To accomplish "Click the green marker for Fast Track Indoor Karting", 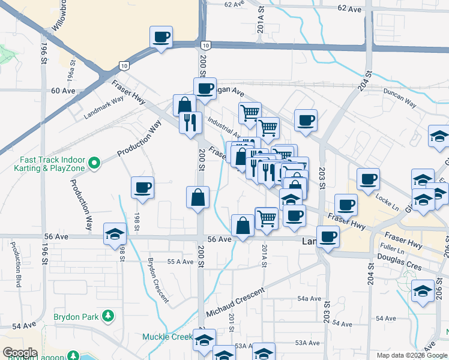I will pyautogui.click(x=94, y=163).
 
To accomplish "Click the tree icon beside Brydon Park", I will pyautogui.click(x=108, y=316).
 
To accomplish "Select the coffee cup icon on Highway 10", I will pyautogui.click(x=161, y=37).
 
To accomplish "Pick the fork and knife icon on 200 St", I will pyautogui.click(x=191, y=123).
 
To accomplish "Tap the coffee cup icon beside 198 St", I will pyautogui.click(x=143, y=188).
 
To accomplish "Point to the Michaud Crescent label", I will pyautogui.click(x=235, y=304).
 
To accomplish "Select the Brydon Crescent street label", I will pyautogui.click(x=158, y=280).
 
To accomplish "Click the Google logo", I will pyautogui.click(x=19, y=353).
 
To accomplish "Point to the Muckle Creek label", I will pyautogui.click(x=166, y=337).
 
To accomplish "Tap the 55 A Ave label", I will pyautogui.click(x=179, y=262).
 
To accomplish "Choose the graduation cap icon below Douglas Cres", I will pyautogui.click(x=423, y=292).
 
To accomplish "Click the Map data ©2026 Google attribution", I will pyautogui.click(x=412, y=355).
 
